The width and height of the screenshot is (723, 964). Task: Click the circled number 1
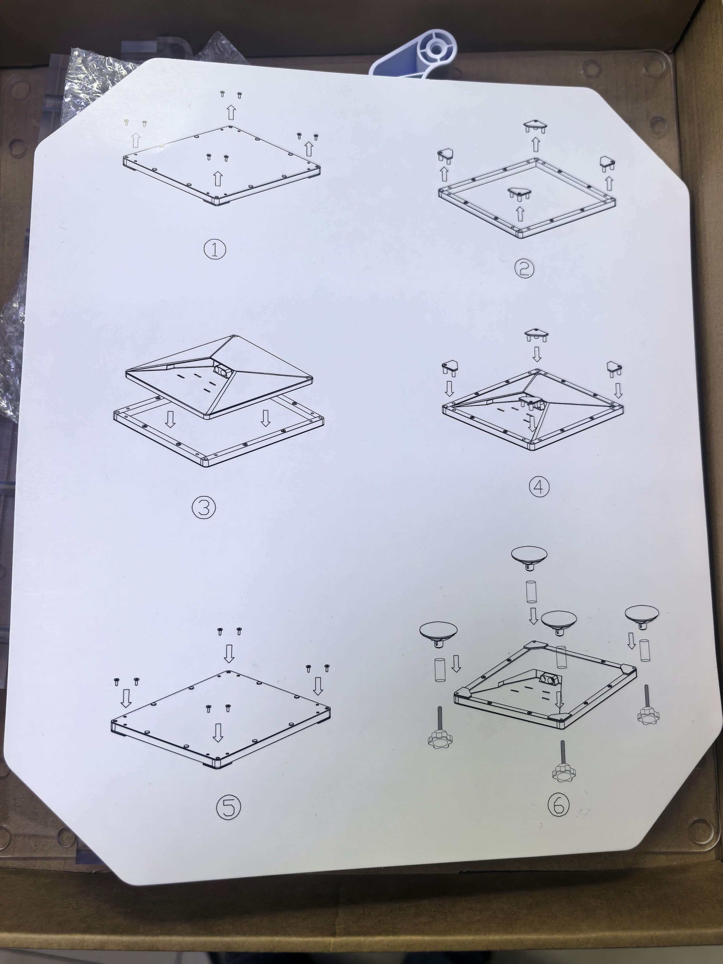[x=215, y=250]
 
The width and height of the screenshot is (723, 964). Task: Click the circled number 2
[x=524, y=268]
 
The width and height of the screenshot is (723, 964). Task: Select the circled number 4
[x=539, y=487]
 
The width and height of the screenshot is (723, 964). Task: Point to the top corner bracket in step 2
[x=536, y=127]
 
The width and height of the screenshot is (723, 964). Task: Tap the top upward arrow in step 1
[x=231, y=112]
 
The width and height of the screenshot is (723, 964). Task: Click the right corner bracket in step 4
[x=614, y=368]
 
